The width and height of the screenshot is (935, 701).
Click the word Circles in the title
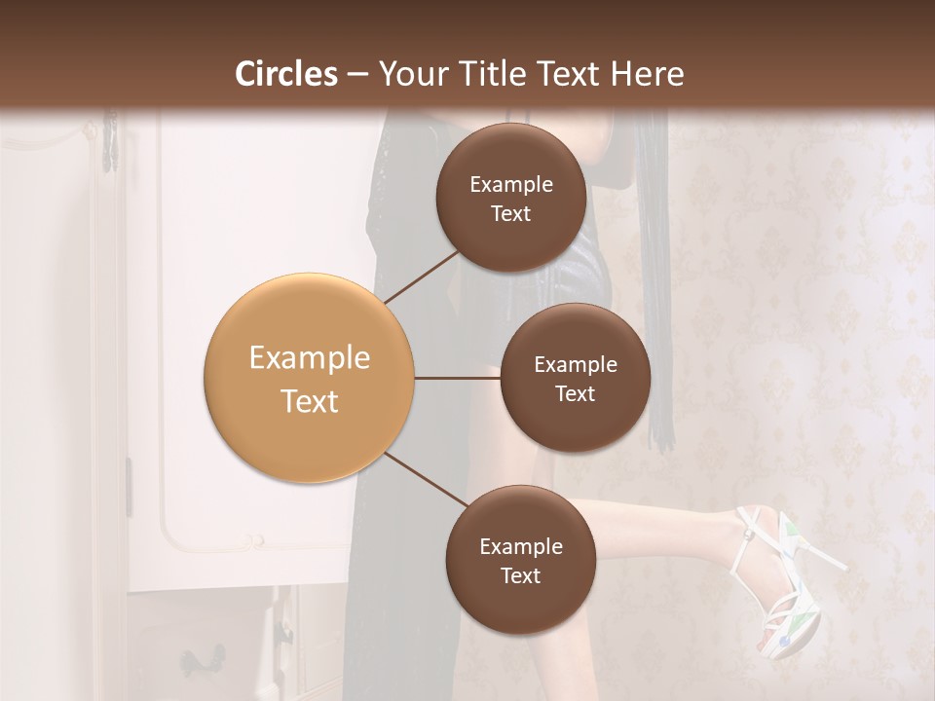[285, 74]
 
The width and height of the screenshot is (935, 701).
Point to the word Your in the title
[412, 74]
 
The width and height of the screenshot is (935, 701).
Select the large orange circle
[310, 378]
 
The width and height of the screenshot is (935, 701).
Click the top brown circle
[510, 198]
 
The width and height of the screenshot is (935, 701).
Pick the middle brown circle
[575, 378]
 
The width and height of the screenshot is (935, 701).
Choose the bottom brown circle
[520, 560]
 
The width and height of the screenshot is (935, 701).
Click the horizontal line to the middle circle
[458, 378]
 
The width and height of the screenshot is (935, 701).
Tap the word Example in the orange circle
[310, 358]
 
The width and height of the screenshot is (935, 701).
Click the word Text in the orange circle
[310, 401]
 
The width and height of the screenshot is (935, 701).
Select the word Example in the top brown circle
[511, 185]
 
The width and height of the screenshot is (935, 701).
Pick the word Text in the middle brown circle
[575, 393]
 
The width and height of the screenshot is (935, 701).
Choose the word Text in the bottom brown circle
[520, 575]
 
